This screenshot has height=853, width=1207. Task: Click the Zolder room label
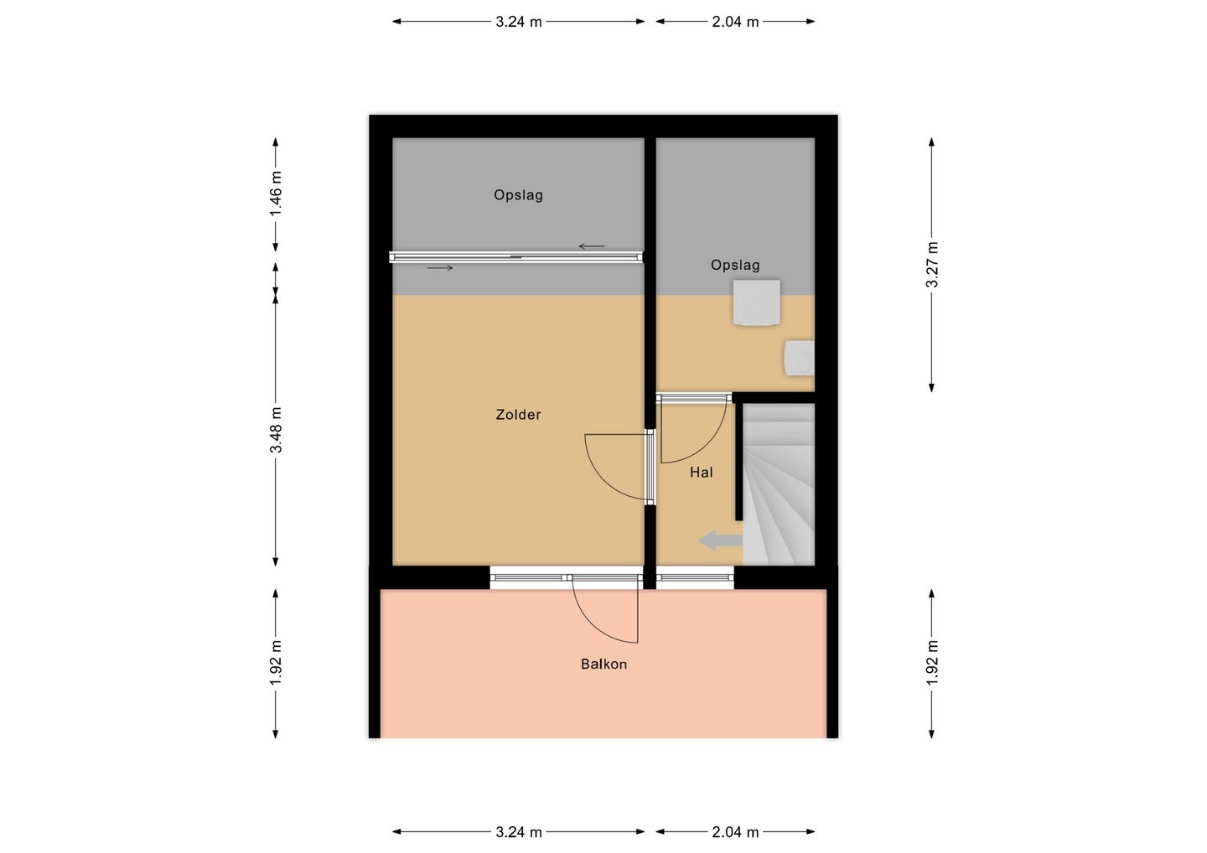click(518, 415)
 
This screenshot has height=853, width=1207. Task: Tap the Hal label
click(701, 473)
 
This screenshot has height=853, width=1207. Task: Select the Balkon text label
click(603, 664)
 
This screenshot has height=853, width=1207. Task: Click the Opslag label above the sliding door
click(518, 195)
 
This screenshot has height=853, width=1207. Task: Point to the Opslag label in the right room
click(735, 265)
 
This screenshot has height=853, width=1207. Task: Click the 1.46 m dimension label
click(276, 194)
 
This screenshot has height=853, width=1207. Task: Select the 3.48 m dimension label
click(276, 430)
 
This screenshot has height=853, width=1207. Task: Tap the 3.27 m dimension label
click(932, 265)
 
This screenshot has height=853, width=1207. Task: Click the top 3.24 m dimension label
click(518, 22)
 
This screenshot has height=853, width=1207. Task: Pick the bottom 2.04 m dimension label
click(735, 833)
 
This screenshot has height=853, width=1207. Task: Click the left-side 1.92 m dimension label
click(276, 663)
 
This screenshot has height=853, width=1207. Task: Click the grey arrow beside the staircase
click(721, 540)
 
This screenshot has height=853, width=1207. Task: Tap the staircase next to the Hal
click(779, 484)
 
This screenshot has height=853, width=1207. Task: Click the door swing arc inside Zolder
click(603, 481)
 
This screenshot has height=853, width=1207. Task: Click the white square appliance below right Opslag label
click(757, 302)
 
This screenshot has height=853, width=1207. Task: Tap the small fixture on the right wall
click(799, 358)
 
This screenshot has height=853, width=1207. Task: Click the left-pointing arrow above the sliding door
click(592, 246)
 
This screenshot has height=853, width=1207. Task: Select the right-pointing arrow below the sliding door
click(440, 267)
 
